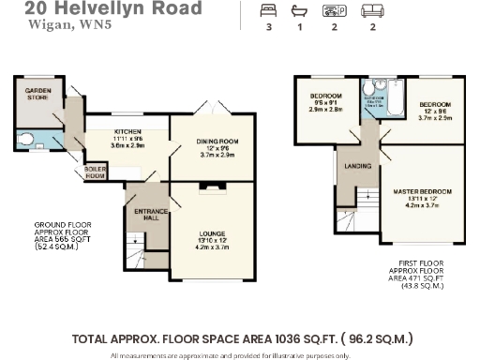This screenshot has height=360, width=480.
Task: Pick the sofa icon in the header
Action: [x=373, y=11]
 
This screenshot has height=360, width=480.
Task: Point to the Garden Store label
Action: [x=39, y=92]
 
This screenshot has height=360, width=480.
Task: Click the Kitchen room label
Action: [x=127, y=119]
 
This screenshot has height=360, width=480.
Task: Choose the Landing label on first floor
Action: [x=357, y=167]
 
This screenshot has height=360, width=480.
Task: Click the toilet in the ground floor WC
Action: [x=29, y=141]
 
